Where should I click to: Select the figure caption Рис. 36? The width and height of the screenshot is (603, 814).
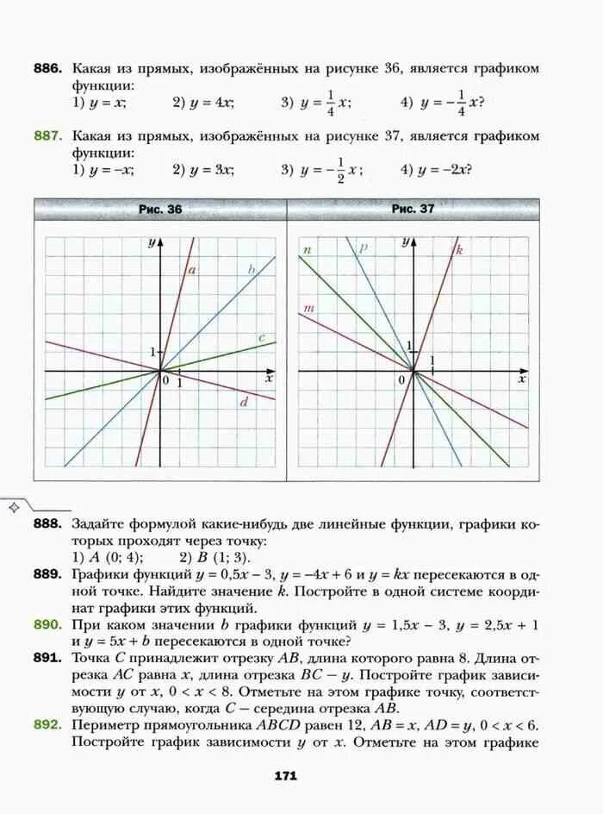point(160,210)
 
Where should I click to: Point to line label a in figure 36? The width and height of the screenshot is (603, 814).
point(192,271)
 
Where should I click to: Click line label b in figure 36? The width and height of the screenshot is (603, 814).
point(252,270)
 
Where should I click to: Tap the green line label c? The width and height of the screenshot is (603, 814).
point(261,337)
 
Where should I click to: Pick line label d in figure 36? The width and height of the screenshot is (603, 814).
point(244,402)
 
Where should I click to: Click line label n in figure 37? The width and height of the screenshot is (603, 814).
point(306,250)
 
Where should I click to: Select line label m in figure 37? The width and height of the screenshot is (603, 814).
point(308,308)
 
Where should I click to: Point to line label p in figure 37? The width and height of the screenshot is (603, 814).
point(364,247)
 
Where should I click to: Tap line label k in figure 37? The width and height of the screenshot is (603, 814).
point(459,250)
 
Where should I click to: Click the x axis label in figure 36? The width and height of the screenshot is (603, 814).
point(269,379)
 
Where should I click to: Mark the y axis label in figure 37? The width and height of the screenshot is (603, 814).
point(404,243)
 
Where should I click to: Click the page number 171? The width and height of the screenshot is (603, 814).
point(286,776)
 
